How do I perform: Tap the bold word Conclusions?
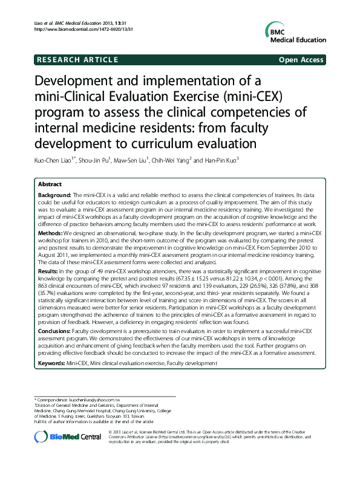pos(54,332)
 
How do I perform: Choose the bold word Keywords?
pos(51,363)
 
